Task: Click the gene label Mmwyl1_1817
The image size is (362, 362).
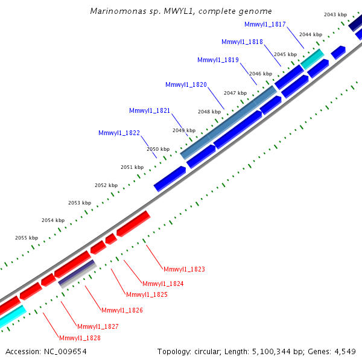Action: [265, 24]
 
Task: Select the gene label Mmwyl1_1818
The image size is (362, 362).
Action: [242, 42]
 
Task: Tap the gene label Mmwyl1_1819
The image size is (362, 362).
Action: [218, 60]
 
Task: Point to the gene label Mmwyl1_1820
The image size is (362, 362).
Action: [186, 85]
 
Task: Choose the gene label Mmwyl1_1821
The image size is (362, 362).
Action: [150, 110]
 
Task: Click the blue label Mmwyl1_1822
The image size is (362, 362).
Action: [119, 133]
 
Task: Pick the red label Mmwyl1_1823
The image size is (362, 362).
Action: [184, 269]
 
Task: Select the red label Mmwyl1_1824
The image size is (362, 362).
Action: [163, 284]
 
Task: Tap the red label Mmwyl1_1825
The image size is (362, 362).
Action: [147, 294]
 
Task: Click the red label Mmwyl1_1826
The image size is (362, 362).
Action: [122, 311]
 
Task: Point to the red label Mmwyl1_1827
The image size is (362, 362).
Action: [98, 326]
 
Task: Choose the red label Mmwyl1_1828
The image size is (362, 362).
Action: [80, 338]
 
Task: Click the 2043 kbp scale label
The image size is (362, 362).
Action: [335, 14]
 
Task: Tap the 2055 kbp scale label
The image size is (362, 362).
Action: [26, 238]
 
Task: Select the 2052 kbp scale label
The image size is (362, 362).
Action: [106, 185]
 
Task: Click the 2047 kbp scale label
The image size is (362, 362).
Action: [235, 93]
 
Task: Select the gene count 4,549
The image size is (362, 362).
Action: [346, 351]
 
